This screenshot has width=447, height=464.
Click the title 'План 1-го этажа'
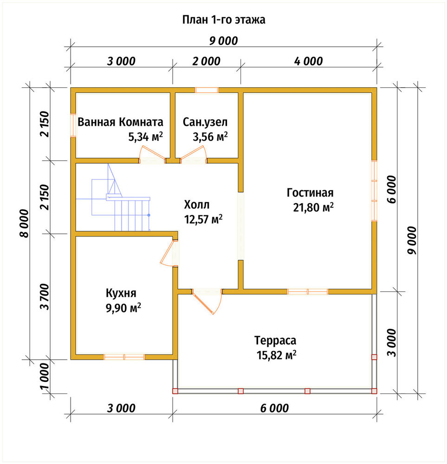point(224,20)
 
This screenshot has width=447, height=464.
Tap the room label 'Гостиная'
point(310,193)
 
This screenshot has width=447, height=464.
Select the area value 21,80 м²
point(313,207)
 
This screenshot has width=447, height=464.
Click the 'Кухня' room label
point(121,293)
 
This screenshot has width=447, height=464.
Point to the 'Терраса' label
point(275,340)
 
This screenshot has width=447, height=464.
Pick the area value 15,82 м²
point(277,355)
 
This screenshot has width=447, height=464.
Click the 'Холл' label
point(196,205)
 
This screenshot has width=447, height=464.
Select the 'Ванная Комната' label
point(120,122)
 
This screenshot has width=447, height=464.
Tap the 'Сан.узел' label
point(205,122)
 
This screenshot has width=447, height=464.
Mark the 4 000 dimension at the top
point(308,61)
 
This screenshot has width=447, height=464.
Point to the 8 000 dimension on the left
point(25,223)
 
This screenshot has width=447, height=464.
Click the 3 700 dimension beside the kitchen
point(45,296)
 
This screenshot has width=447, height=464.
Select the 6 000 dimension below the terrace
point(274,408)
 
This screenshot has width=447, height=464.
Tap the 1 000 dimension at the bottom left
point(45,377)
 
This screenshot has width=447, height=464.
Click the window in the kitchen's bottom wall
point(124,357)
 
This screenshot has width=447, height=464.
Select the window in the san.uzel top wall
point(207,90)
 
